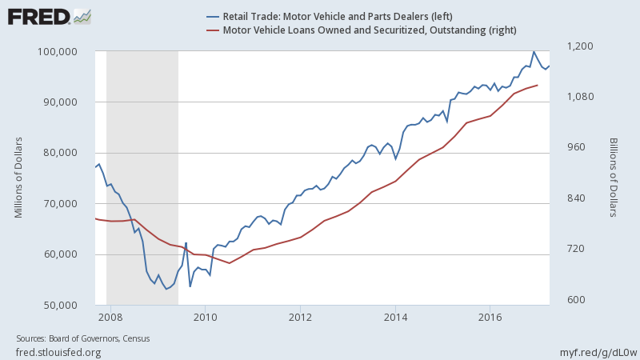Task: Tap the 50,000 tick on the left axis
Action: click(x=69, y=306)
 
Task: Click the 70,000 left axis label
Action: click(x=69, y=204)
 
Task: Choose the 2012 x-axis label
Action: click(x=301, y=316)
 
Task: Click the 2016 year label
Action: click(x=490, y=316)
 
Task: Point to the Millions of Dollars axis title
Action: click(x=18, y=177)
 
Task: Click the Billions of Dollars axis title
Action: click(x=614, y=177)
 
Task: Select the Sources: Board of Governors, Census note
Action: click(x=83, y=338)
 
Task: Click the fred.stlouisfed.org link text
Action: click(x=58, y=352)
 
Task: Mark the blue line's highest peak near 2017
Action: click(x=534, y=52)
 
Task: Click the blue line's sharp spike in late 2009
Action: click(x=186, y=243)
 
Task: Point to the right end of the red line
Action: click(x=538, y=85)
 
